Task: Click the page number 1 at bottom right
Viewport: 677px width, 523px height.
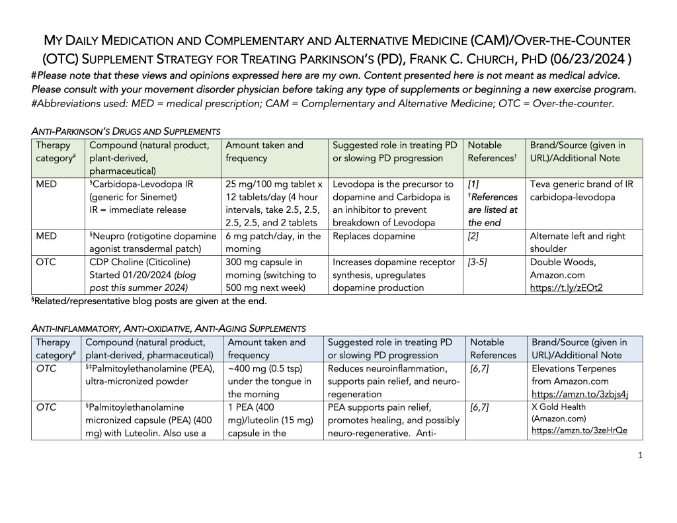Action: (641, 456)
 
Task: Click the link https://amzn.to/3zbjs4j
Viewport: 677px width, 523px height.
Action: (579, 395)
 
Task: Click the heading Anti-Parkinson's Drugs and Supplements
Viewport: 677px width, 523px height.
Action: (126, 131)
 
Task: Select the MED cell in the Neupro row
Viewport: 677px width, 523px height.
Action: (46, 236)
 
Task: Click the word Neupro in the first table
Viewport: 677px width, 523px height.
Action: (112, 236)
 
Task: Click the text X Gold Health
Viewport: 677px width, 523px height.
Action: (559, 407)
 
